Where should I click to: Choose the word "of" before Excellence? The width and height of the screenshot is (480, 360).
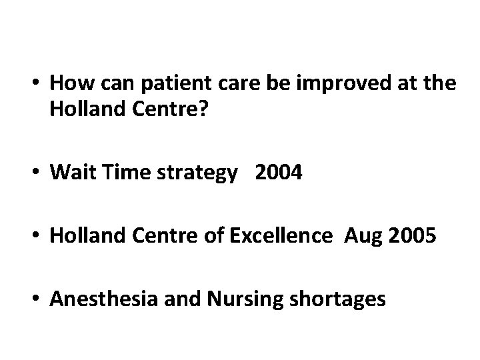tap(216, 236)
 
